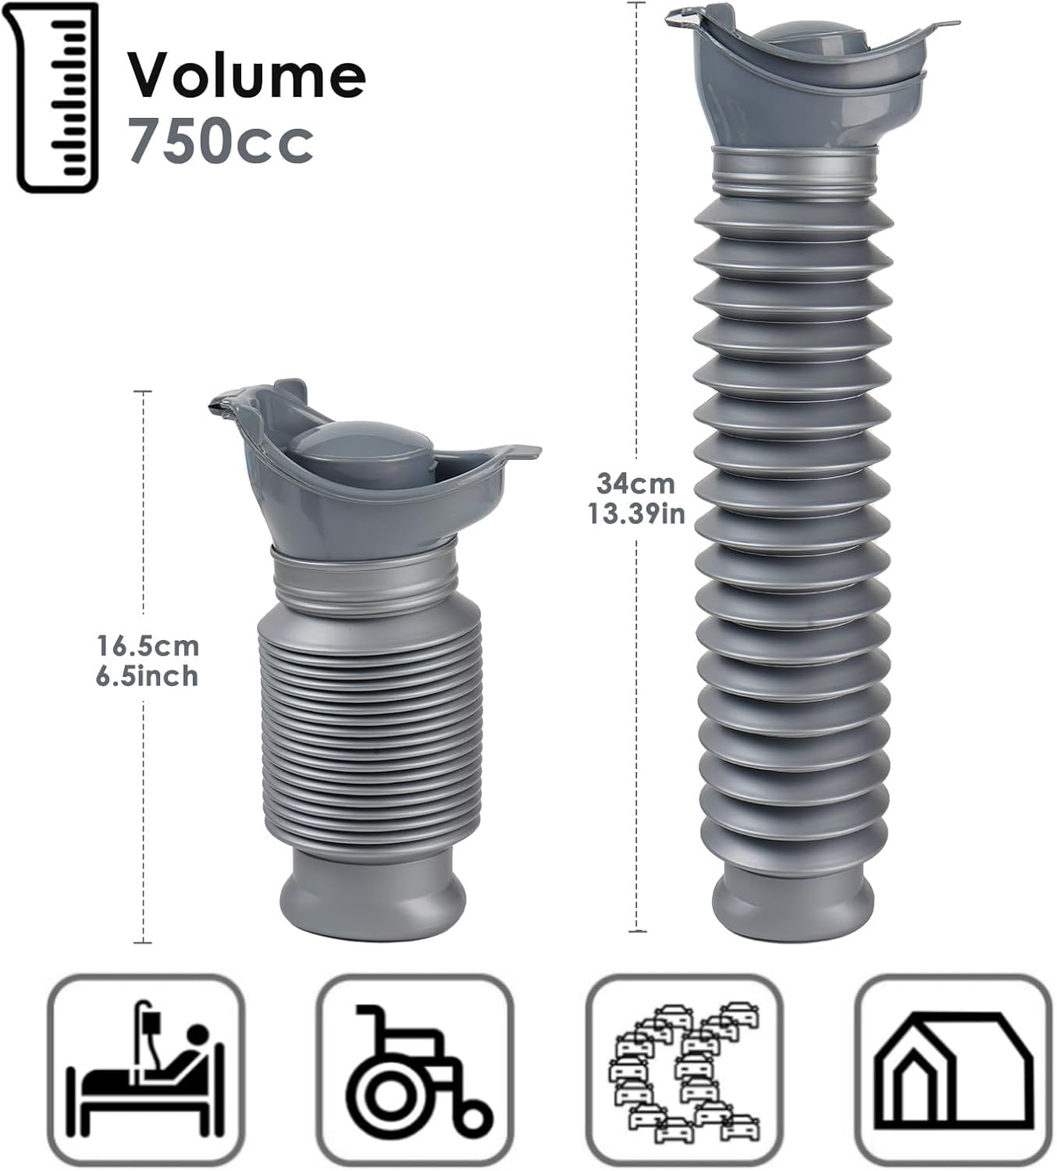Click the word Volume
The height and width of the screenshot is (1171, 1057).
point(247,76)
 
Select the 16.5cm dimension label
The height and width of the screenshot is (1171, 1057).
point(148,646)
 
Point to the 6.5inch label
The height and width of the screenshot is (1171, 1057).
point(148,676)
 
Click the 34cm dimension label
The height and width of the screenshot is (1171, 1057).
point(636,484)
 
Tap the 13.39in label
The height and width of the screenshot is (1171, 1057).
point(636,514)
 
